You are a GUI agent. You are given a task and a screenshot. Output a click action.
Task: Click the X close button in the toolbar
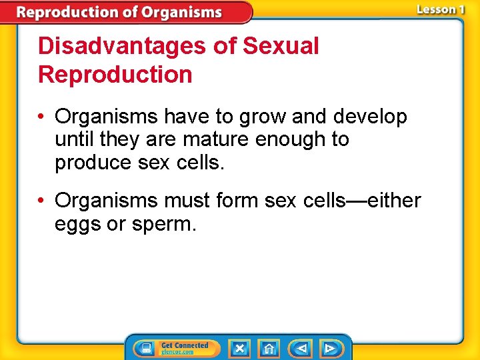point(239,348)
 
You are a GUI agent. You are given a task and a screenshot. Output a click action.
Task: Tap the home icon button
point(269,348)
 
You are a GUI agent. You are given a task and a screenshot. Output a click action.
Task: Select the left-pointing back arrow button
point(301,348)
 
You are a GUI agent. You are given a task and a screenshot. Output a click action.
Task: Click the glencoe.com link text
point(177,352)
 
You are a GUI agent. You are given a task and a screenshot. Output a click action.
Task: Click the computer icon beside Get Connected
point(145,348)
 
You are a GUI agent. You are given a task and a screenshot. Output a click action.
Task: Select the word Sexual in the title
point(281,47)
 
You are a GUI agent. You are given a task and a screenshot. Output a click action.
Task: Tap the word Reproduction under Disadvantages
point(115,75)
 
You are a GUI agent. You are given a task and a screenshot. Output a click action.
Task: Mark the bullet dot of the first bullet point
point(42,117)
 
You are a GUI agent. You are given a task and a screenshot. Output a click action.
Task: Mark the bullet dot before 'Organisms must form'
point(42,201)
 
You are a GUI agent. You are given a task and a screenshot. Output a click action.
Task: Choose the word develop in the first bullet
point(370,117)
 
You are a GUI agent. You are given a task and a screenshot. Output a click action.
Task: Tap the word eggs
point(75,225)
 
